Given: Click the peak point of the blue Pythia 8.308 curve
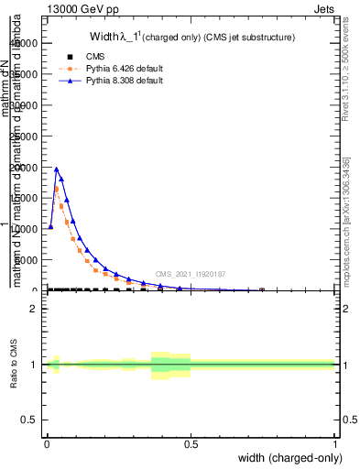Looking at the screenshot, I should (57, 169).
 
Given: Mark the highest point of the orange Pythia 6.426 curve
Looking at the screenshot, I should (57, 189).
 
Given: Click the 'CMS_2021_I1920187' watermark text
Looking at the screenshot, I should (191, 273).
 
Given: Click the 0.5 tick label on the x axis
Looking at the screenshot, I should (191, 443).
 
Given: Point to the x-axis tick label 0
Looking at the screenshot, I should (47, 443).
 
